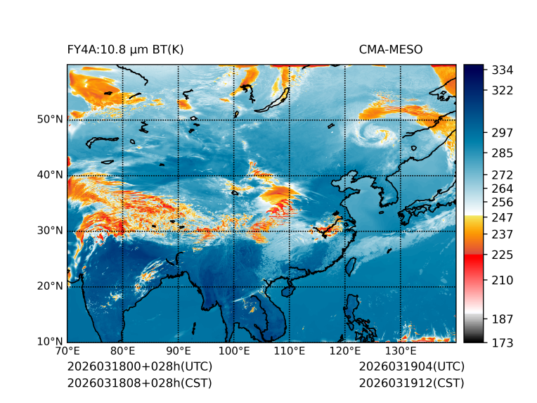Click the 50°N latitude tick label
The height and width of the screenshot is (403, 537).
[x=49, y=120]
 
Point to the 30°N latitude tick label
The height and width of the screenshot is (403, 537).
[x=49, y=231]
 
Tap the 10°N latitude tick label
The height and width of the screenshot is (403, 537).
[x=49, y=342]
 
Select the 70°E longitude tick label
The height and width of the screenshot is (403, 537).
[x=67, y=351]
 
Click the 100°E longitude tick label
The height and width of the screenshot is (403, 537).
[x=233, y=351]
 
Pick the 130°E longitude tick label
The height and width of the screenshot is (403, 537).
[x=400, y=351]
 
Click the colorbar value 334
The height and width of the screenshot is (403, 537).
[x=502, y=70]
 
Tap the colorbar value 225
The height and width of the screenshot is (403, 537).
[x=502, y=254]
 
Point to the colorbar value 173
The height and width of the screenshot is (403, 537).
[x=502, y=343]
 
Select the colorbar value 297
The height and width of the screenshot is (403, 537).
[x=502, y=132]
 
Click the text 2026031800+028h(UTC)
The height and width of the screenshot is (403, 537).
[x=139, y=366]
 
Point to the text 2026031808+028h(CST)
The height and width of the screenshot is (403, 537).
[x=139, y=383]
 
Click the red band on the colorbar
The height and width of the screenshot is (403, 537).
[x=474, y=260]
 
